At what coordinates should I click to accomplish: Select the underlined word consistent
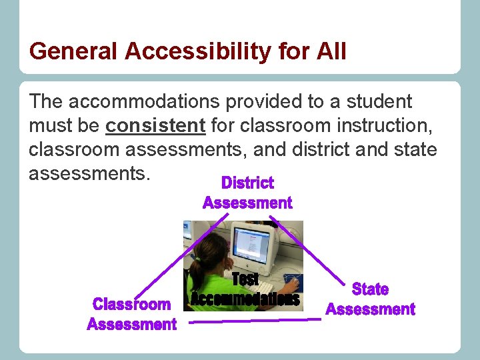155,125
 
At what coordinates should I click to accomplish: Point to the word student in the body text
377,102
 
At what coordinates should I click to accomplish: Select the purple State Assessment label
370,299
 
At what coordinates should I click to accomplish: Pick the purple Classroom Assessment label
132,315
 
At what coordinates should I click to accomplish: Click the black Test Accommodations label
245,291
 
